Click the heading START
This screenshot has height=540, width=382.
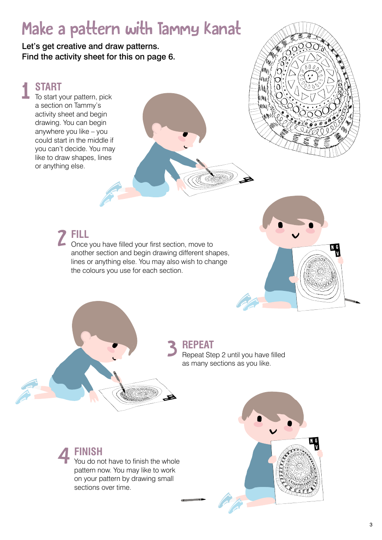tap(48, 87)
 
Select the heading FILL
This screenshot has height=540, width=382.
tap(80, 234)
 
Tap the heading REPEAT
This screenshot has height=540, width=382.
tap(198, 345)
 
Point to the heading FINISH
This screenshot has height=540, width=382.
tap(88, 452)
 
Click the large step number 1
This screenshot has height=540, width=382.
tap(26, 90)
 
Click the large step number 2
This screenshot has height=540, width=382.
tap(62, 238)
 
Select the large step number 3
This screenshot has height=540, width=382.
tap(172, 348)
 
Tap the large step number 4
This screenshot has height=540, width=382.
tap(64, 455)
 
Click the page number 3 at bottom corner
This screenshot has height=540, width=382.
tap(371, 524)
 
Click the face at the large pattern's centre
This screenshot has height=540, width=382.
tap(310, 76)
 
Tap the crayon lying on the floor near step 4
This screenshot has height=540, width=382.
tap(193, 500)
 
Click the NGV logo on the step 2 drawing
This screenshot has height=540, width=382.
tap(335, 250)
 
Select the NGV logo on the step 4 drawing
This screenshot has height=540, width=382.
tap(314, 443)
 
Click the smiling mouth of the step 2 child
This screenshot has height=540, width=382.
tap(296, 235)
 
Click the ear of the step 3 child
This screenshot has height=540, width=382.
tap(85, 336)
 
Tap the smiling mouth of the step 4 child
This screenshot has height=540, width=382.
tap(273, 432)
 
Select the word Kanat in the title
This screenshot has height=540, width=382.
tap(222, 29)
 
